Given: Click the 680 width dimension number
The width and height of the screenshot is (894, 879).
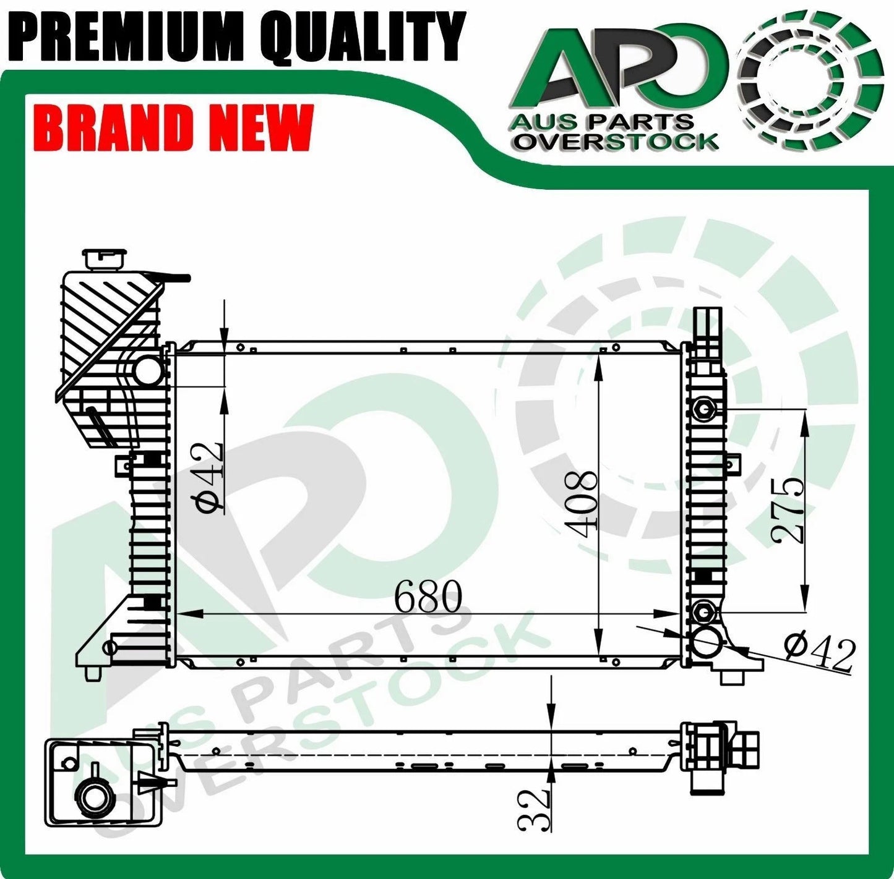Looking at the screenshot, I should pyautogui.click(x=428, y=596).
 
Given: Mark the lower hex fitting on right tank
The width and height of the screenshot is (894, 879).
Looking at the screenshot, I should pyautogui.click(x=703, y=613).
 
